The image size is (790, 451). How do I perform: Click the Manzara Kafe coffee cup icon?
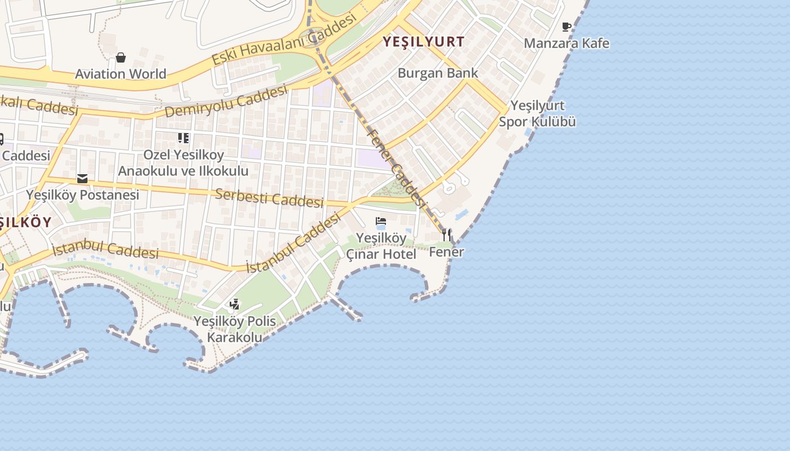pos(567,26)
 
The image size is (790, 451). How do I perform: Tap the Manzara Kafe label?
pos(567,43)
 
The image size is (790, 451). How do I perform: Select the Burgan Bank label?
pos(438,73)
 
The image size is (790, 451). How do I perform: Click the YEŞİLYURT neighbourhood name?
pos(424,41)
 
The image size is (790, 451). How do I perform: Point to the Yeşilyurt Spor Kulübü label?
pos(537,113)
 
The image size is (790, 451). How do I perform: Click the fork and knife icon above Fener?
pos(446,235)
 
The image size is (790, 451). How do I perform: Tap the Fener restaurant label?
pos(446,252)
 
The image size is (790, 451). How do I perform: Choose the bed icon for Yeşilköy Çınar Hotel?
pos(381,222)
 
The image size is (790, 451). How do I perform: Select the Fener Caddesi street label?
pos(395,167)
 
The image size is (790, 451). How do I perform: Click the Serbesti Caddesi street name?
pos(270,198)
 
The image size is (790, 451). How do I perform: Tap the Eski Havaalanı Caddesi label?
pos(285,38)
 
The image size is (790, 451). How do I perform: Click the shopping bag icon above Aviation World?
pos(121,57)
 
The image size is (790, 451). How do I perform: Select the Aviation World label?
pos(121,74)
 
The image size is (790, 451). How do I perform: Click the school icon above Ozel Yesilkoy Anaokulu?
pos(183,138)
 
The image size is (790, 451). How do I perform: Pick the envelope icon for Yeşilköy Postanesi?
pos(82,179)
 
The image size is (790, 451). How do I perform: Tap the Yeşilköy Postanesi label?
pos(82,195)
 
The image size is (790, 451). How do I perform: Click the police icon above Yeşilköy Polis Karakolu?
pos(234,305)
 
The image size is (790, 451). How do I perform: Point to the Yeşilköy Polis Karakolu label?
pos(235,329)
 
